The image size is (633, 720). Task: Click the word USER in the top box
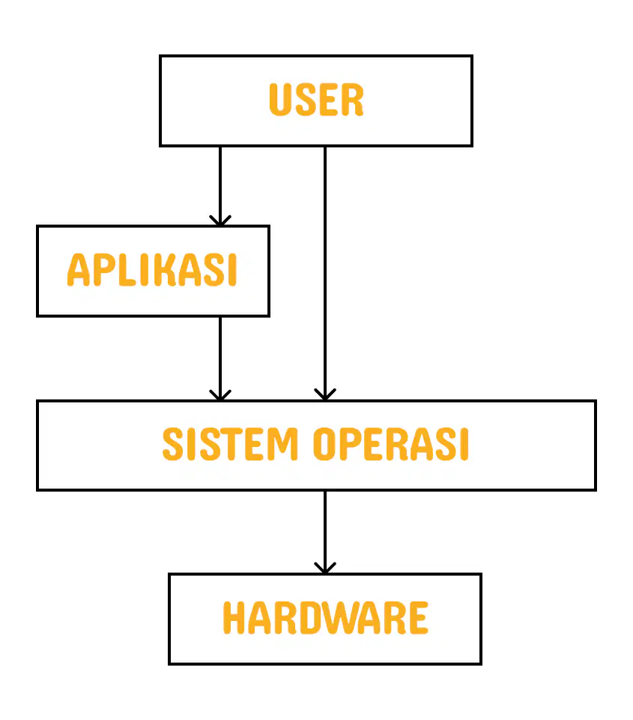[316, 100]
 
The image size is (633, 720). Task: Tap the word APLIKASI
[152, 269]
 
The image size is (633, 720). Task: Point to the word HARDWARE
[325, 618]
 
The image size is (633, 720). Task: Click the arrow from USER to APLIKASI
[220, 186]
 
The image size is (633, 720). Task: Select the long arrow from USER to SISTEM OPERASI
[325, 273]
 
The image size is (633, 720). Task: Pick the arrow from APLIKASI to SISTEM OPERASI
[220, 358]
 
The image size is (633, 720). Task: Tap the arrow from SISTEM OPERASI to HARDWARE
[325, 532]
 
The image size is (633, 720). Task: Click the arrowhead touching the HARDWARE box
[325, 568]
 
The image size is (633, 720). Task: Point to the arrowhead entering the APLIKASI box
[220, 220]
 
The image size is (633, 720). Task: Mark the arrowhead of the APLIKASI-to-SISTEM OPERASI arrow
[220, 395]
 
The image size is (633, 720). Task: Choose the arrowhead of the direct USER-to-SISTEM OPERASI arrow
[325, 395]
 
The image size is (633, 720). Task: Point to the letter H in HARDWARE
[234, 618]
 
